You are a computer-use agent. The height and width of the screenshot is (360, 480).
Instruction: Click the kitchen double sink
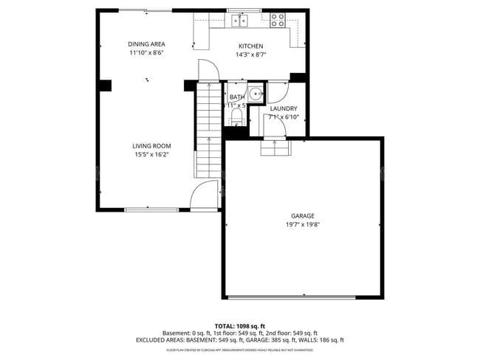pos(239,21)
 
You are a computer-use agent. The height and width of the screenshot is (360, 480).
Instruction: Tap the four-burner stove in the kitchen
pos(278,21)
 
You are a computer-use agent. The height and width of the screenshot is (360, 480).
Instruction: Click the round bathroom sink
pos(255,94)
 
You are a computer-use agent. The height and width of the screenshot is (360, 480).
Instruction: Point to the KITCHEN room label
pos(250,46)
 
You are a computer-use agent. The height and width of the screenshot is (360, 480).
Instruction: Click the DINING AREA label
pos(146,44)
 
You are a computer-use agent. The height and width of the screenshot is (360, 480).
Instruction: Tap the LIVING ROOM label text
pos(151,146)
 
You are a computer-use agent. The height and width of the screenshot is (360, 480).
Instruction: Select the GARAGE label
pos(303,215)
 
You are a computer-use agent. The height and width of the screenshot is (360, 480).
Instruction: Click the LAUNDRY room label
pos(283,108)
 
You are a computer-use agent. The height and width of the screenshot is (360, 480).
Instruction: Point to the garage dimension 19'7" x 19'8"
pos(303,224)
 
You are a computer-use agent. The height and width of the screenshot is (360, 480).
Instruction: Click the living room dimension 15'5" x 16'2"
pos(151,155)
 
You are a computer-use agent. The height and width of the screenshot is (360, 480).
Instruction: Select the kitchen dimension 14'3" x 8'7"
pos(250,55)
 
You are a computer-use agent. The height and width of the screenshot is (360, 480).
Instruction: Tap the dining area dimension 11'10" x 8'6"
pos(146,53)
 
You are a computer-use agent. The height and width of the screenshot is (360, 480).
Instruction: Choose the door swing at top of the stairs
pos(208,72)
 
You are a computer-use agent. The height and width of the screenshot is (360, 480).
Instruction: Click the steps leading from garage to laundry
pos(276,150)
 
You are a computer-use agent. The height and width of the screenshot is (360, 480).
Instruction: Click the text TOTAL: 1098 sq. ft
pos(240,325)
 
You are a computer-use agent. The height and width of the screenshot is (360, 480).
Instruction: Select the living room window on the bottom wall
pos(151,210)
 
